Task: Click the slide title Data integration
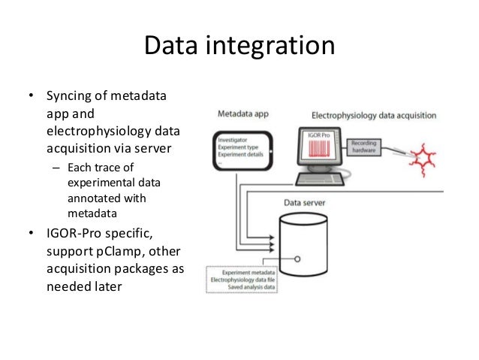pos(239,46)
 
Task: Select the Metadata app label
pos(243,116)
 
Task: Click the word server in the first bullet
pos(152,147)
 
